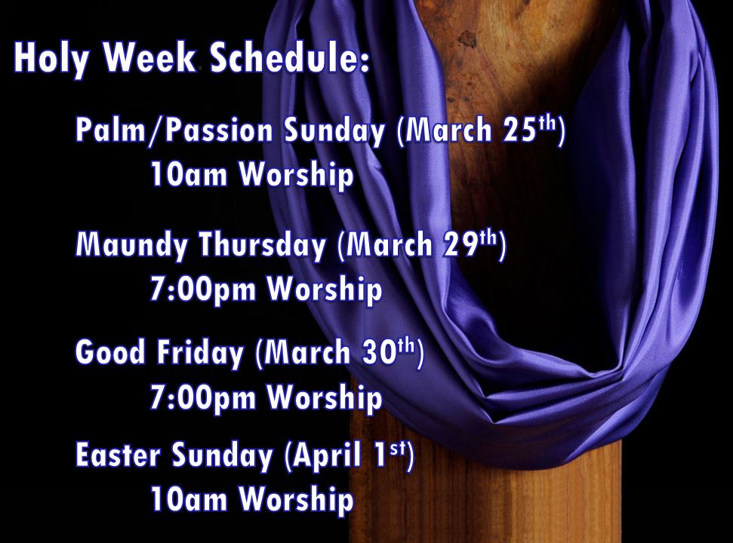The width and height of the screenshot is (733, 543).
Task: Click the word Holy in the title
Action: coord(51,58)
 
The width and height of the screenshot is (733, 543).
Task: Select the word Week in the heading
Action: coord(149,57)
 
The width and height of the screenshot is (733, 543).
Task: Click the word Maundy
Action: coord(132,244)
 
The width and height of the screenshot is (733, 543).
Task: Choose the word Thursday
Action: coord(262,244)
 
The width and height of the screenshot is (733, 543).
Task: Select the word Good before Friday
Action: coord(110,351)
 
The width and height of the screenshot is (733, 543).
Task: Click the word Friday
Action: coord(200,352)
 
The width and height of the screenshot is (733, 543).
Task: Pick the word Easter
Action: coord(118,454)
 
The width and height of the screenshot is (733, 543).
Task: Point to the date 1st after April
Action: coord(390,454)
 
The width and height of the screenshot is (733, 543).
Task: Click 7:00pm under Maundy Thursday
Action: coord(203,290)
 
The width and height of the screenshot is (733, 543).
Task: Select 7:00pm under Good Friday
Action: coord(203,398)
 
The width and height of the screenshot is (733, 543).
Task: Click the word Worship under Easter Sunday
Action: coord(297,500)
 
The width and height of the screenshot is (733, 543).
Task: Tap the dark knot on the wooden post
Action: coord(467,39)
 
